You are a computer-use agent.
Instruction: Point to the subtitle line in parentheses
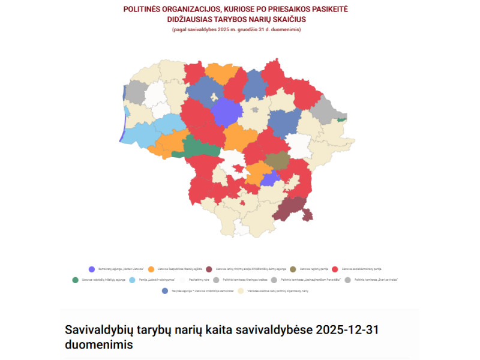click(x=236, y=29)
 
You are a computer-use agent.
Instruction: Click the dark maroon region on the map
click(x=290, y=209)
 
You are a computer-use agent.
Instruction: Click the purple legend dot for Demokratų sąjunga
click(x=91, y=269)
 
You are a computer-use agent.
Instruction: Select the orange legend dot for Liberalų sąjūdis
click(x=151, y=269)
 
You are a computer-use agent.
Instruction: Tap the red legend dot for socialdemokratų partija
click(x=335, y=269)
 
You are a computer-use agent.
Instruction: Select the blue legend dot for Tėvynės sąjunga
click(x=165, y=290)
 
